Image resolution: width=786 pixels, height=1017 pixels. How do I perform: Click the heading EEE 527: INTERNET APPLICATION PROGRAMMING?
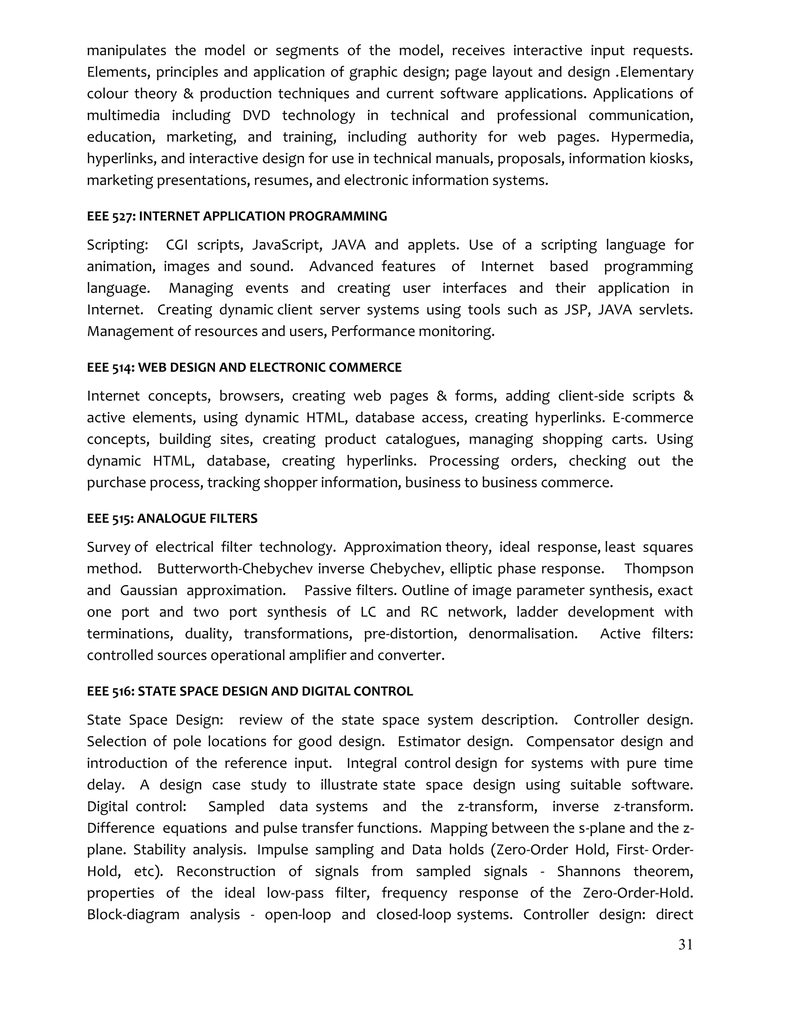pos(236,216)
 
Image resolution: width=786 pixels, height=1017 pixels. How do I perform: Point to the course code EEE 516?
pos(111,691)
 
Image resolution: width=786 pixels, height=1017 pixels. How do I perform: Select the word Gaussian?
pos(149,591)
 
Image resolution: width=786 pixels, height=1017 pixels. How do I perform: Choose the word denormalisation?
pos(522,634)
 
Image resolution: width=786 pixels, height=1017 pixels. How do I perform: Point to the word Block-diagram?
pos(133,915)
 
